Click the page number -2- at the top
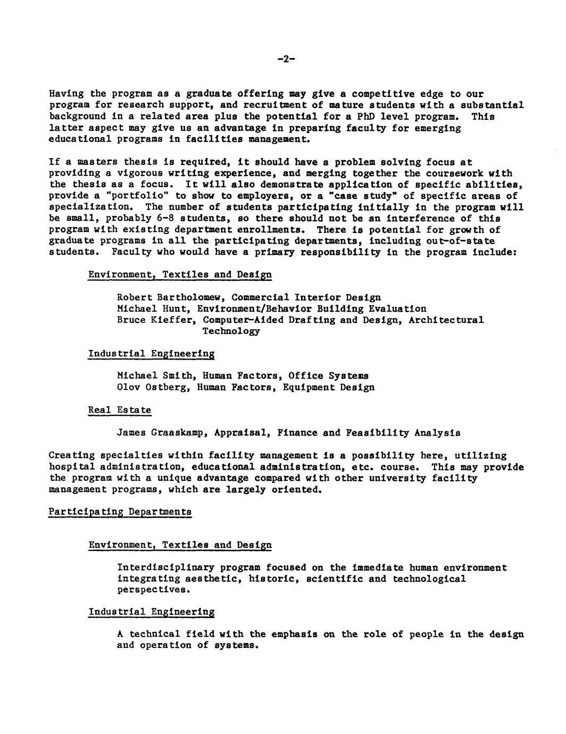286,60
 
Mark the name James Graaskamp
162,433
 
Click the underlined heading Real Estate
120,410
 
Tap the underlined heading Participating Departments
120,512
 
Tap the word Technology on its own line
231,331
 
